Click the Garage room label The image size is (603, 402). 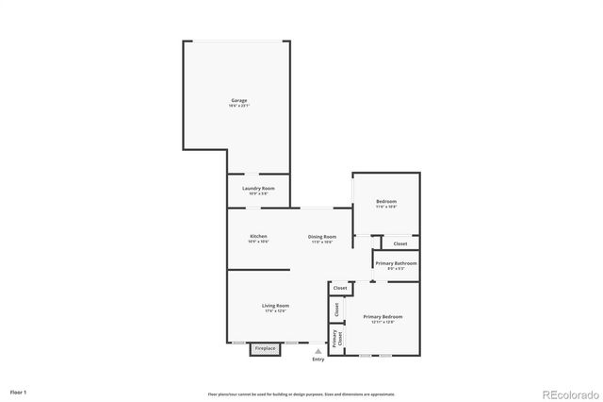239,100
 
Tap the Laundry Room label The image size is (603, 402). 258,189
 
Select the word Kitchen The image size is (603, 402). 258,236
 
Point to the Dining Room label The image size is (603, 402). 322,236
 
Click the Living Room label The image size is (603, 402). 275,306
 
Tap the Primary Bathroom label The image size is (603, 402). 397,263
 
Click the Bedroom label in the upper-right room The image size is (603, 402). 386,201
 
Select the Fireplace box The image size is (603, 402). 266,348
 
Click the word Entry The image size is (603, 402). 318,360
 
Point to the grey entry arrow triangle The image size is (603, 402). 318,351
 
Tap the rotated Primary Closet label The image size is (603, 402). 336,337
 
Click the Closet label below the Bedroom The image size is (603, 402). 400,244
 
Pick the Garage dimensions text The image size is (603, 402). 239,106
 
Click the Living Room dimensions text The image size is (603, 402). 275,311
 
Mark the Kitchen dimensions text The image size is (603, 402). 258,242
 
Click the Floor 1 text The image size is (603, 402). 19,391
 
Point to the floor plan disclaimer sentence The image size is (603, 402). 301,394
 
